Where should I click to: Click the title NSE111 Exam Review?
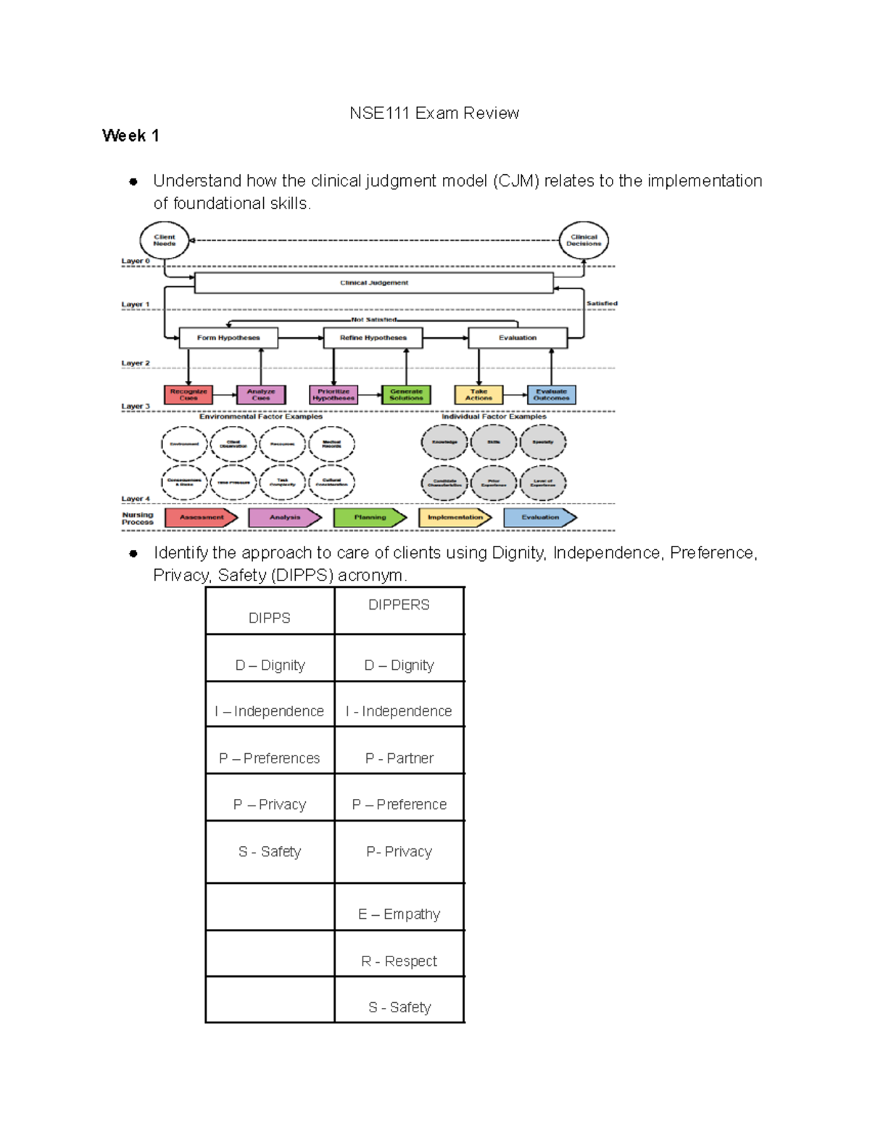(434, 113)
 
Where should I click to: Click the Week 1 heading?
(130, 136)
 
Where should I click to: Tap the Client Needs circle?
(165, 240)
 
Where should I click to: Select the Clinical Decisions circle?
(584, 240)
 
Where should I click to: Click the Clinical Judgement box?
(373, 283)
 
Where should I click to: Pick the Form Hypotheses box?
(228, 337)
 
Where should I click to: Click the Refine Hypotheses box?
(373, 337)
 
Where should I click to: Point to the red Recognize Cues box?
(188, 395)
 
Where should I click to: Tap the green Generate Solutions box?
(406, 395)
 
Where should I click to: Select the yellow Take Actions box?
(478, 395)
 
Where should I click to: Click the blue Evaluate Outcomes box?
(551, 395)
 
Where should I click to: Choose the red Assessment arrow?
(201, 517)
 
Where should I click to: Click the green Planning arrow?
(370, 517)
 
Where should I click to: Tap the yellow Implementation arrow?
(455, 517)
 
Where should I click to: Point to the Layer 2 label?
(136, 363)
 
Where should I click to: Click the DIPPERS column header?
(399, 605)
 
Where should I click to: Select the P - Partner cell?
(399, 758)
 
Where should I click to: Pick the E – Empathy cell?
(399, 914)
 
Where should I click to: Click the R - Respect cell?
(399, 961)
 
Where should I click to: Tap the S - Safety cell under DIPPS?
(270, 851)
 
